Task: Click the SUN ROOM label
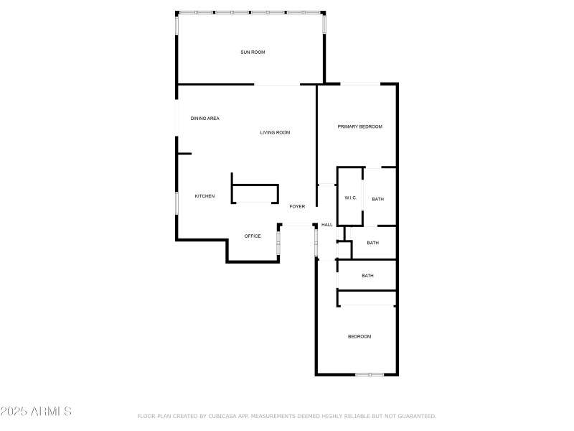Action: pyautogui.click(x=253, y=52)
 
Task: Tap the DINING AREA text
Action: pyautogui.click(x=204, y=119)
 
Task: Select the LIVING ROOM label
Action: pyautogui.click(x=275, y=132)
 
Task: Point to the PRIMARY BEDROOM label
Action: pyautogui.click(x=359, y=126)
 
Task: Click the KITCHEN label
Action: pyautogui.click(x=204, y=196)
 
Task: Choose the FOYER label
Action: pyautogui.click(x=297, y=206)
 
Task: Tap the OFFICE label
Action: pyautogui.click(x=253, y=236)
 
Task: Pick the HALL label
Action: pyautogui.click(x=327, y=225)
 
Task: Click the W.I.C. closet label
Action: pyautogui.click(x=351, y=198)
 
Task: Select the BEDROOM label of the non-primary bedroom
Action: pyautogui.click(x=359, y=336)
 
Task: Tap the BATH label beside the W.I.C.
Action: pyautogui.click(x=377, y=199)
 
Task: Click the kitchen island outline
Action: pyautogui.click(x=254, y=193)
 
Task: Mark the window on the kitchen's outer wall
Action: pyautogui.click(x=177, y=203)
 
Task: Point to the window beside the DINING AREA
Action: pyautogui.click(x=177, y=117)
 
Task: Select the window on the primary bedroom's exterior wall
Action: pyautogui.click(x=360, y=84)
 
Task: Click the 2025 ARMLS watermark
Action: pyautogui.click(x=36, y=412)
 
